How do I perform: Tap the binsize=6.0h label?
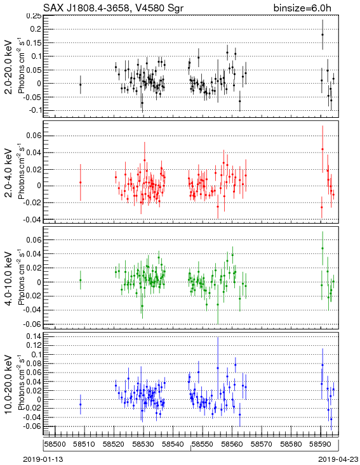[x=302, y=8]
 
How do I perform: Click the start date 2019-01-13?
[x=43, y=459]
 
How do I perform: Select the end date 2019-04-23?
[x=338, y=459]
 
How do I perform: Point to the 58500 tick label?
[x=55, y=444]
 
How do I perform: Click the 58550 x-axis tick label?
[x=203, y=444]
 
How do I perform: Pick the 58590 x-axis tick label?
[x=321, y=444]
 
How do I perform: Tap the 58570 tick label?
[x=262, y=444]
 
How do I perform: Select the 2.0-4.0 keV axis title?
[x=9, y=172]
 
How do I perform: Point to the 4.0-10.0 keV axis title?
[x=9, y=278]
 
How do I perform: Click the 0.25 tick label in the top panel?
[x=34, y=16]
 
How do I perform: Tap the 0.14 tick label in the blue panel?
[x=34, y=336]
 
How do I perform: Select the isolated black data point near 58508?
[x=80, y=84]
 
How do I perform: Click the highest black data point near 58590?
[x=323, y=34]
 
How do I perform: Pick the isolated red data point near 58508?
[x=80, y=182]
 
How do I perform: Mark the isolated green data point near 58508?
[x=80, y=280]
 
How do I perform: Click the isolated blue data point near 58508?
[x=80, y=404]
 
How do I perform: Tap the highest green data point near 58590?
[x=323, y=248]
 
